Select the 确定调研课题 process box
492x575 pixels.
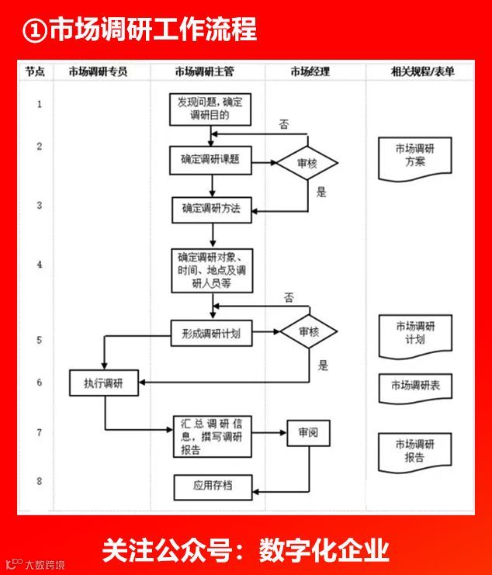(210, 160)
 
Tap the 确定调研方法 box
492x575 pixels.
(212, 209)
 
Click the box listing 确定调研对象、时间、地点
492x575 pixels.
(212, 270)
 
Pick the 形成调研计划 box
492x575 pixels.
(211, 333)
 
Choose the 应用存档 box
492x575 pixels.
(212, 487)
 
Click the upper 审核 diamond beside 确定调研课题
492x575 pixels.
(308, 163)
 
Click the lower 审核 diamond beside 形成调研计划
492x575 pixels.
(309, 332)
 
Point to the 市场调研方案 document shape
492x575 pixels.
(414, 154)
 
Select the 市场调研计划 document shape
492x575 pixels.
(414, 332)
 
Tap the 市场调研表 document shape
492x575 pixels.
(414, 386)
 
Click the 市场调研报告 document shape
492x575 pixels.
(414, 450)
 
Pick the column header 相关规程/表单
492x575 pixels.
(423, 71)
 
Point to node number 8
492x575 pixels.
(40, 482)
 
